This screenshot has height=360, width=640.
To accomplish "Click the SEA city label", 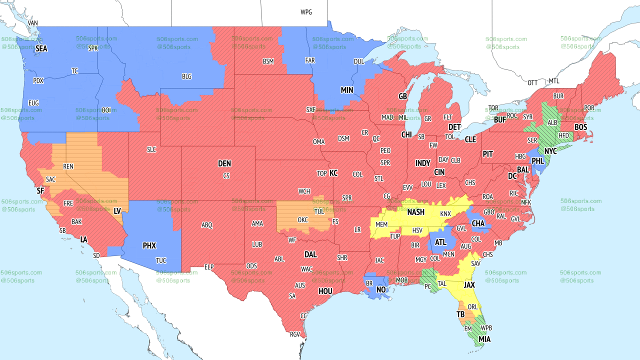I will point(41,49).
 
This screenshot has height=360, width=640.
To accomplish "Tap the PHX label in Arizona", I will point(149,245).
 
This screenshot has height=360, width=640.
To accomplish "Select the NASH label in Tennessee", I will point(415,212).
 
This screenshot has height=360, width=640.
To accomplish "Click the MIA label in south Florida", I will point(484,339).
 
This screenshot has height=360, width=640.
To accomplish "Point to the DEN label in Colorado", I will point(224,163).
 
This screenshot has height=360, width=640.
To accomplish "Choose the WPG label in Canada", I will point(306,12).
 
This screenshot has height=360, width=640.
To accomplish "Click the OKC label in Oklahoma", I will point(302,219).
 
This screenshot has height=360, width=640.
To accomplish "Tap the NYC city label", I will point(550,151).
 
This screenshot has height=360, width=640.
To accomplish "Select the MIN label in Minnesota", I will point(347,90).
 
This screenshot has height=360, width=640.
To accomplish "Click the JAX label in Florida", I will point(469,285).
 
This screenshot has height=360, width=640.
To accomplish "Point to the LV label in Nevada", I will point(117,211).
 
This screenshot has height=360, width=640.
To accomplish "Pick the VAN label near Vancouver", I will point(33,23).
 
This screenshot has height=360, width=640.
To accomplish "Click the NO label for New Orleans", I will point(381,290).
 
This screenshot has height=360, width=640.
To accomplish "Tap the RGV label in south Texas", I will point(295,334).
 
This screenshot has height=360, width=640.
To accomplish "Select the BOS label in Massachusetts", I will point(580,127).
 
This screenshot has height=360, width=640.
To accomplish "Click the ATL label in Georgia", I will point(440,242).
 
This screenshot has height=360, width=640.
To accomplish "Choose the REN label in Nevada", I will point(68,166).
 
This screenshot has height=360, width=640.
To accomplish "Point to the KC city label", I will point(333,173).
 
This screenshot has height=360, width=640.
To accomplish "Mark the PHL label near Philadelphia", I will point(537,161).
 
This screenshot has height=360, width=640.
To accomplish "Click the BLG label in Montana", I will point(186,76).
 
